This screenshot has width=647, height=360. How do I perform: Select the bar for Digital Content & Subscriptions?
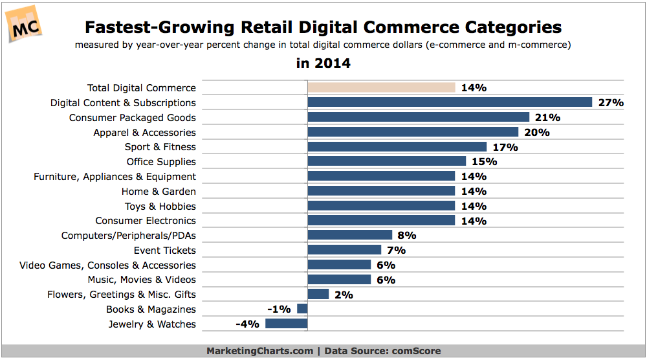pos(450,102)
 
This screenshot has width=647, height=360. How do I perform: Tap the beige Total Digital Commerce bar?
pos(381,87)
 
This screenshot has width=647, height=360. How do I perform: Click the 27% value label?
pos(611,102)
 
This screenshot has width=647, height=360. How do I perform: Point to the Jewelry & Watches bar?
pos(286,324)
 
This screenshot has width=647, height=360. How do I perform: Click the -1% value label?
pos(279,309)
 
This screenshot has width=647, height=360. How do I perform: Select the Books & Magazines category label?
pos(151,309)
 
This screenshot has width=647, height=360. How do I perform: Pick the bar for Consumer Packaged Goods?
pos(418,117)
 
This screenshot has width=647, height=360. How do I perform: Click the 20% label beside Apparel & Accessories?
pos(537,132)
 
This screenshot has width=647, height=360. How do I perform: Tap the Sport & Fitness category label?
pos(160,147)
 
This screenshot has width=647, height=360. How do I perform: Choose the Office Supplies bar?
pos(386,161)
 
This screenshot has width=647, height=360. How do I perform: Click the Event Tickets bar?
pos(344,250)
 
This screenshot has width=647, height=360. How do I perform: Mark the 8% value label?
pos(406,235)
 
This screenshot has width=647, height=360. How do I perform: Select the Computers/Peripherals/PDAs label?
pos(128,236)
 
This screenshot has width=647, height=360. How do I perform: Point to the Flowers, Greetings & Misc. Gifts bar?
pos(318,295)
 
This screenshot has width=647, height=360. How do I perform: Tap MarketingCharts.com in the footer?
pos(259,351)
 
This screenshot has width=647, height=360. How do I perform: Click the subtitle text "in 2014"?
pos(323,63)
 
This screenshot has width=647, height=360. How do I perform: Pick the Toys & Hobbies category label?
pos(160,206)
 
